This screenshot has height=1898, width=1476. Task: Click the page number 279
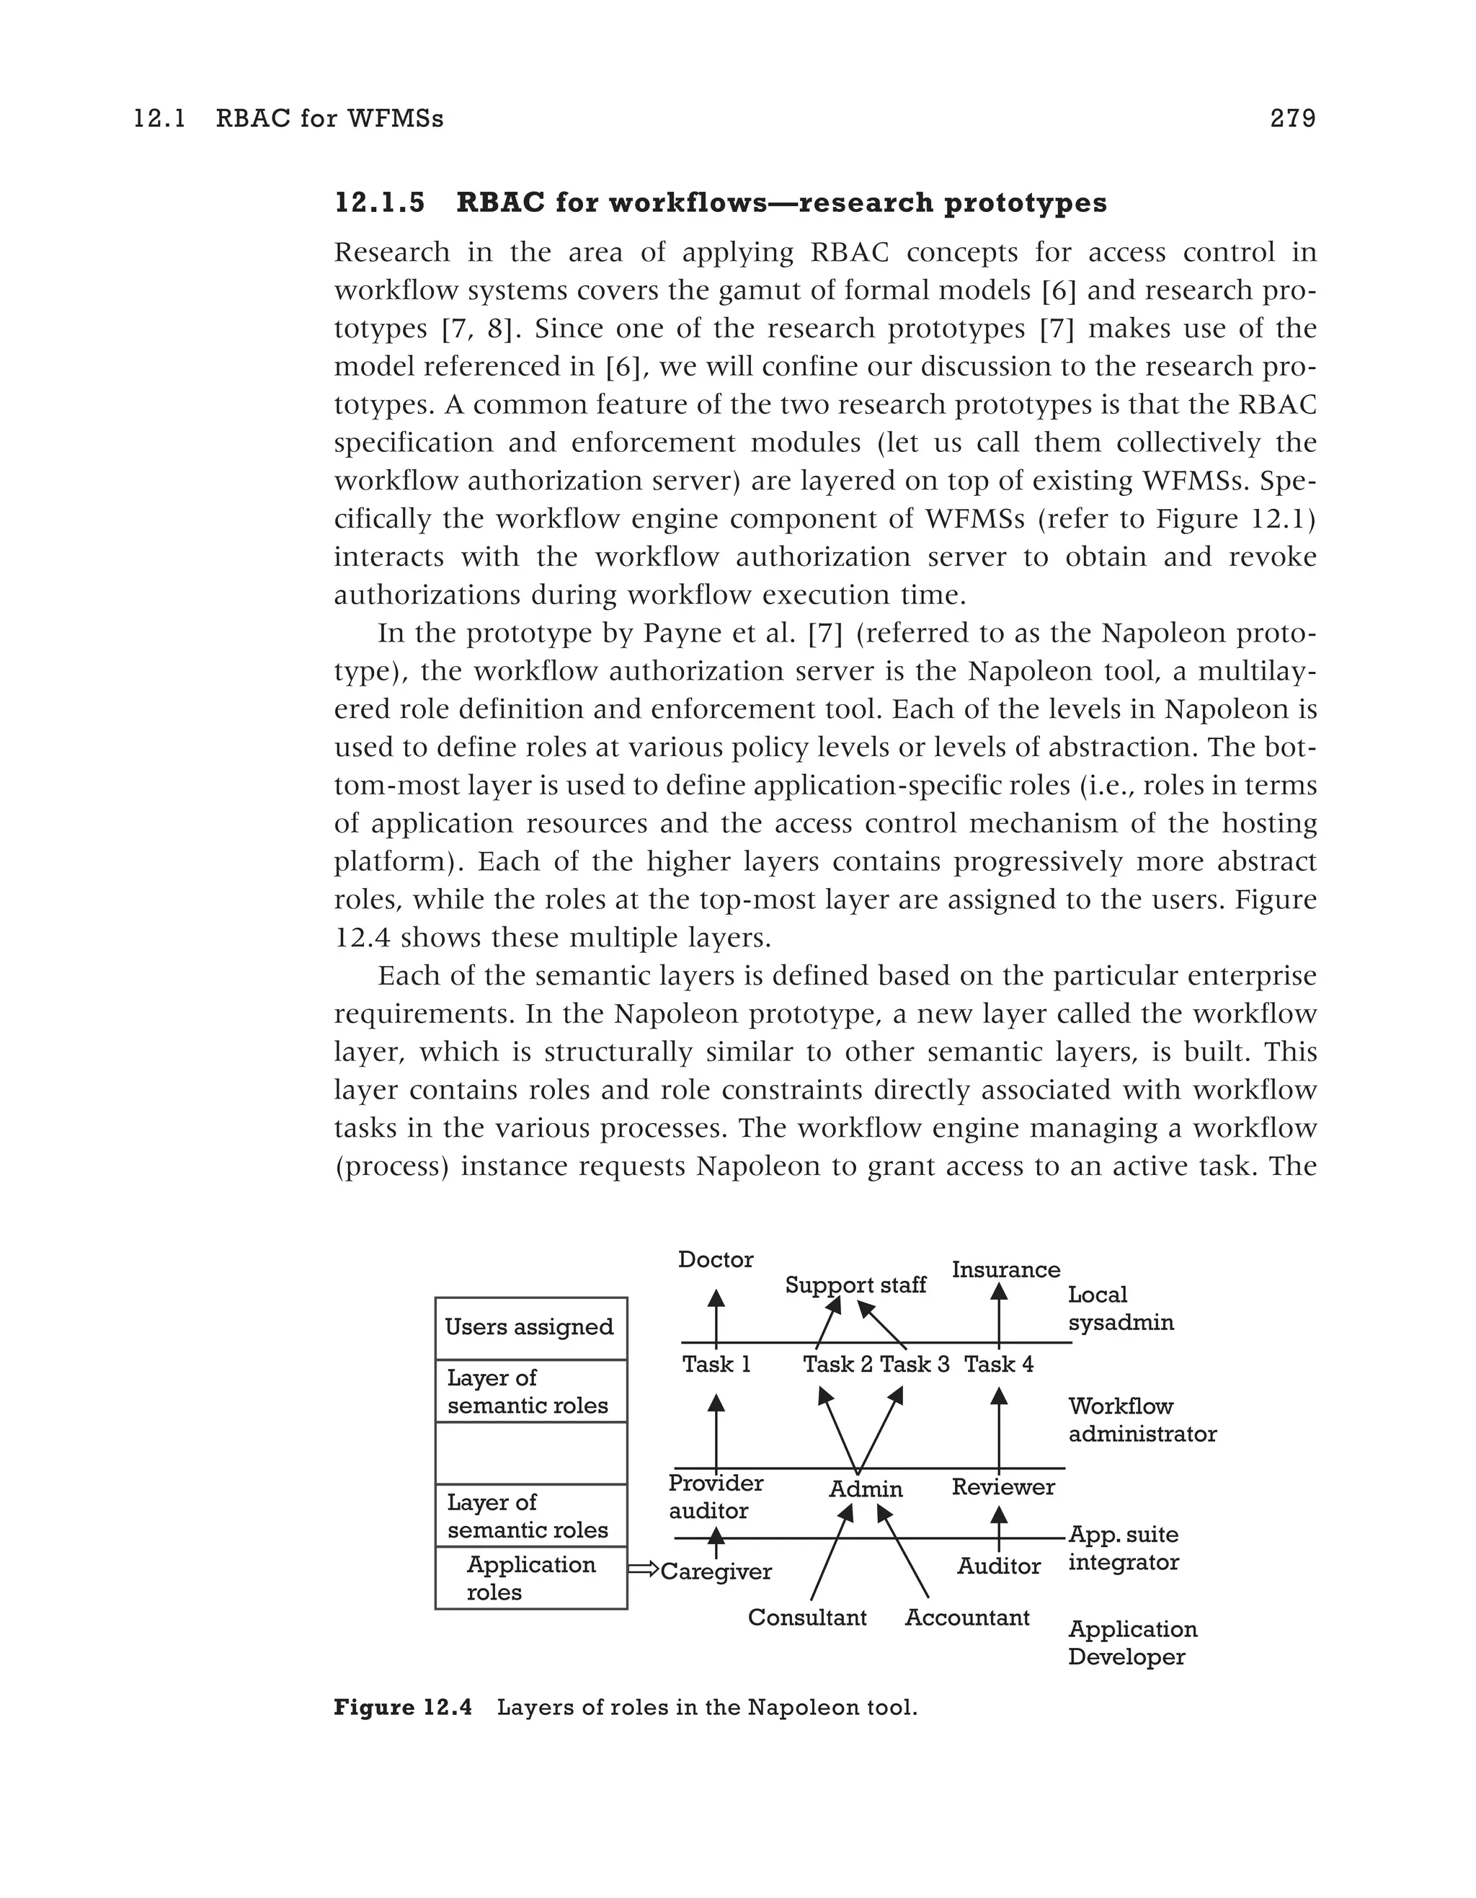click(x=1291, y=118)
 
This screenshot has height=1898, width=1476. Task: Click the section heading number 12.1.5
click(x=380, y=203)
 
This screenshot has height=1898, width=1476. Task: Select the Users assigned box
click(x=530, y=1328)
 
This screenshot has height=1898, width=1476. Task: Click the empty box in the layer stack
click(x=530, y=1453)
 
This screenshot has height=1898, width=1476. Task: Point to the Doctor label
click(x=715, y=1260)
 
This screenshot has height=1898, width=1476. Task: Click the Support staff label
click(x=855, y=1285)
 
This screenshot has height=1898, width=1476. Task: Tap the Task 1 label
click(x=716, y=1365)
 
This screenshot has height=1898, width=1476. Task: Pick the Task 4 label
click(x=998, y=1365)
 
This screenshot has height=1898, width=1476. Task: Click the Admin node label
click(x=866, y=1489)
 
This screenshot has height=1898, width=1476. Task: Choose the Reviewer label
click(x=1002, y=1487)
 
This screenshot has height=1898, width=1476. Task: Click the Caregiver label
click(x=716, y=1571)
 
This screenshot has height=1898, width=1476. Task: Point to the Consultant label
click(x=806, y=1618)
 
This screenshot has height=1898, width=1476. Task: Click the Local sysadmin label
click(x=1120, y=1309)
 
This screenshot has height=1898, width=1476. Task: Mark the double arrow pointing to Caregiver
click(x=643, y=1569)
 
